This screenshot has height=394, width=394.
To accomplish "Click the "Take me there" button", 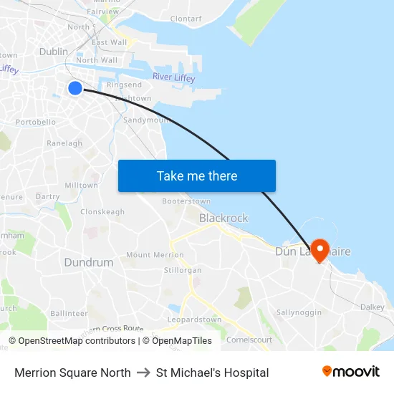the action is coord(197,176).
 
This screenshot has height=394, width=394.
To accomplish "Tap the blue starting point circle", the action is coord(75,88).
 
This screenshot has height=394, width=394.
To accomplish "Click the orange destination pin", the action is coord(319,249).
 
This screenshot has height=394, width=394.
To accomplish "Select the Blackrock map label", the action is coord(224,218).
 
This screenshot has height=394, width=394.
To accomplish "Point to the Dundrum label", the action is coord(89,262).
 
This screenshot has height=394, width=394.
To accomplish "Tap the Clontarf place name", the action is coord(186,18).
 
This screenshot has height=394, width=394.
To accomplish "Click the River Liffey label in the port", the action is coord(175,77).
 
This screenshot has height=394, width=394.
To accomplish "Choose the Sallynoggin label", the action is coord(299,313).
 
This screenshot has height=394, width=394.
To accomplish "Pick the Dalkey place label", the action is coord(373,307).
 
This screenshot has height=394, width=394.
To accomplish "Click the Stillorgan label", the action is coord(183,270).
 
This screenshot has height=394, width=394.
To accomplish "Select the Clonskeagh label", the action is coord(102,212).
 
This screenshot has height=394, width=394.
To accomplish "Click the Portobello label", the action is coord(36,122).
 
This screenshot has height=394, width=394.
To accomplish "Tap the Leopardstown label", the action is coord(194,319).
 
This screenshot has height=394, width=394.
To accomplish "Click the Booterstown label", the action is coord(186,201).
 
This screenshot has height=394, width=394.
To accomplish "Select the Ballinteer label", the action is coord(69,314).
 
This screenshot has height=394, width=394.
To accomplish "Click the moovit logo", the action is coord(351,371).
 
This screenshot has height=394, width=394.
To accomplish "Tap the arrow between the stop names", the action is coord(143,373).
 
